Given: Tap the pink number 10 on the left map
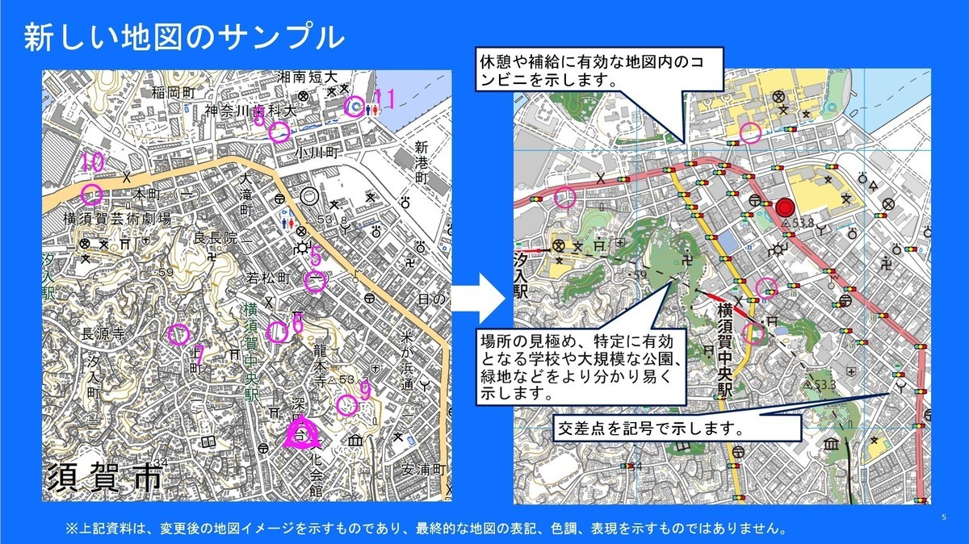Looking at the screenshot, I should [x=93, y=162].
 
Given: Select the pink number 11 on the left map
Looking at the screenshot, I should [x=384, y=100].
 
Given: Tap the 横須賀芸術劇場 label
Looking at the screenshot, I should [x=117, y=218].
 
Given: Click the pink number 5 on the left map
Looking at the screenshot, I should [x=316, y=257].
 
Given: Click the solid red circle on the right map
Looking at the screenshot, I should [x=784, y=208].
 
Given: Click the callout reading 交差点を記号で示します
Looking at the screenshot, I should [x=648, y=428].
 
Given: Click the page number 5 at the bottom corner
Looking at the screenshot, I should [x=944, y=517].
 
